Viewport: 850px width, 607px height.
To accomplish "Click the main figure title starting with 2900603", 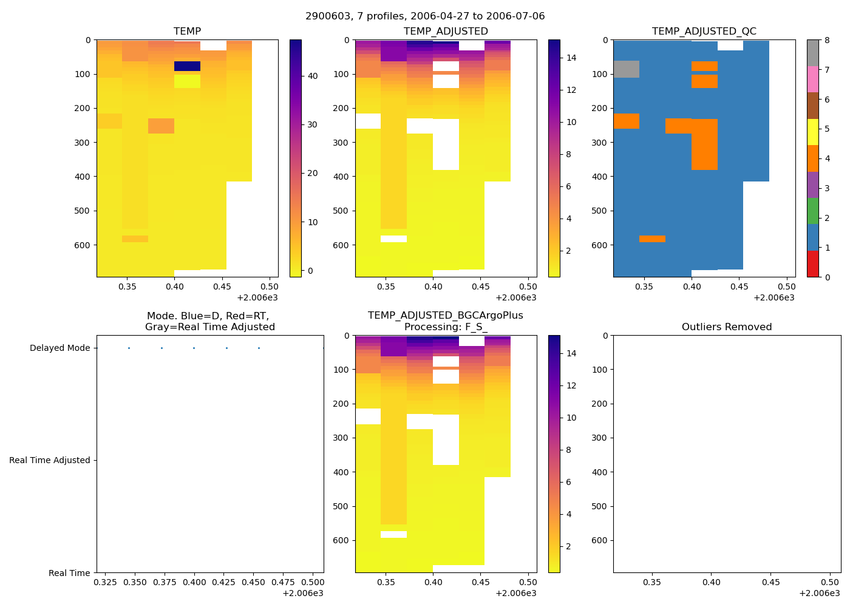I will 425,16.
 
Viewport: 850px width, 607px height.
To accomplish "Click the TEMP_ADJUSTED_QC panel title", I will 704,31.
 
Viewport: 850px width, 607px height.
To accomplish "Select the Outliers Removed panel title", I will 726,327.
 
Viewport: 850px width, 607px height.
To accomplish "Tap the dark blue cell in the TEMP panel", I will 187,66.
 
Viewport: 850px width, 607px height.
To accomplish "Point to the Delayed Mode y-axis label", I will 59,348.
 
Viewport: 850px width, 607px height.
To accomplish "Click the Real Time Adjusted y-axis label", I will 49,460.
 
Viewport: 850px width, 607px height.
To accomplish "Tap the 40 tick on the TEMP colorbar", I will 313,76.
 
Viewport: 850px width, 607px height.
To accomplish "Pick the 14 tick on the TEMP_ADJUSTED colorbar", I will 571,58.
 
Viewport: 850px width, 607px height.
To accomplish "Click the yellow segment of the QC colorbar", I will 813,132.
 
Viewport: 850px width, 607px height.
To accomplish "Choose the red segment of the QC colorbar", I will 813,264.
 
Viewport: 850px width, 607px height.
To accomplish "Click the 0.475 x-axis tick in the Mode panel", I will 284,582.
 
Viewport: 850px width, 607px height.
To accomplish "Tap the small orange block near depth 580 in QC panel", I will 652,239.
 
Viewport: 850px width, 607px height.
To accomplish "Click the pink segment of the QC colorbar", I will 813,79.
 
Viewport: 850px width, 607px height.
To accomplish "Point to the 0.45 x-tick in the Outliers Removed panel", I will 770,582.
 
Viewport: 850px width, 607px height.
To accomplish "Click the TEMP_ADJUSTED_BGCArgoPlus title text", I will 445,316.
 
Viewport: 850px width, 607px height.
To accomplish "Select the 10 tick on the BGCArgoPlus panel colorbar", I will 571,418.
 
